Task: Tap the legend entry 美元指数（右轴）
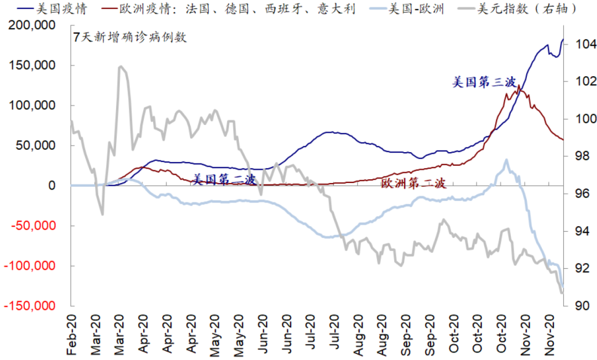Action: (528, 8)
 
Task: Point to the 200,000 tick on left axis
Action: (35, 25)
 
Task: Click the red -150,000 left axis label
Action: (32, 306)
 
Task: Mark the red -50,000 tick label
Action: (34, 226)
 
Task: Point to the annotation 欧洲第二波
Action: (413, 184)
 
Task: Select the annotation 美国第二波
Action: (224, 179)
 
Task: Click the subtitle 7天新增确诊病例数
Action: (130, 38)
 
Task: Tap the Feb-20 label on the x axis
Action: (71, 335)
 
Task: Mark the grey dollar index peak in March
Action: (121, 67)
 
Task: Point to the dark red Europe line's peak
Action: (518, 86)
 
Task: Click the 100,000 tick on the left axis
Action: (35, 105)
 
